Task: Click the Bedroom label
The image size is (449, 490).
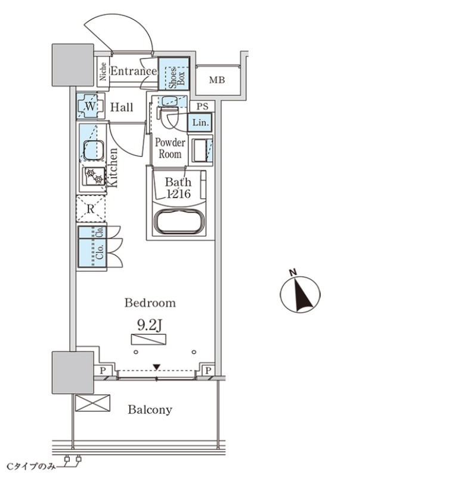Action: point(150,303)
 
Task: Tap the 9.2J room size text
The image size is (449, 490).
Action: point(150,325)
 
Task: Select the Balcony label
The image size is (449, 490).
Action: point(150,409)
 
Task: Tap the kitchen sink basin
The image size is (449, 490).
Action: point(94,150)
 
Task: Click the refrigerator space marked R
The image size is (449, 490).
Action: point(91,209)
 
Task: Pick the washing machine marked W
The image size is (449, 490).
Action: point(90,106)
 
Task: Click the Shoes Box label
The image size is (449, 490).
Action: point(176,77)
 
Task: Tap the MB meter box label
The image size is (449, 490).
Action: point(217,81)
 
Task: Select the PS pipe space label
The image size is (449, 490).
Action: point(202,107)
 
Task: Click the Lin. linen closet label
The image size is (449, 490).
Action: point(200,122)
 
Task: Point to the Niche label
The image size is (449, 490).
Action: point(103,72)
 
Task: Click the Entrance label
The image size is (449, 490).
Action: point(134,71)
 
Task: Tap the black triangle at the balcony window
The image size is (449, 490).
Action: point(157,367)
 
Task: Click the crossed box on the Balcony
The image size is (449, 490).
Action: point(93,403)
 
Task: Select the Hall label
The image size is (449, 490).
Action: point(122,107)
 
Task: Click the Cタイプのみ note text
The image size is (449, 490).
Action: point(31,467)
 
